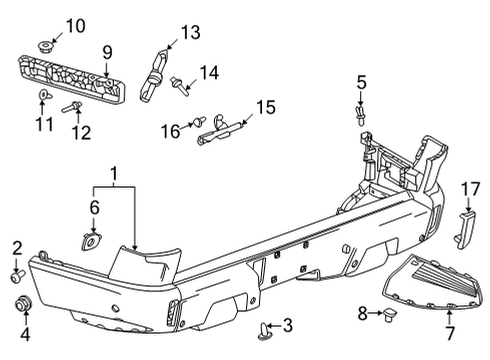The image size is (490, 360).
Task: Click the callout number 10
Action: click(x=48, y=24)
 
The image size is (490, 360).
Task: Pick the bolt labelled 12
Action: click(x=73, y=107)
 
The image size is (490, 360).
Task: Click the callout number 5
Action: click(x=361, y=82)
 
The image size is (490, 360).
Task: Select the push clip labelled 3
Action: click(x=267, y=326)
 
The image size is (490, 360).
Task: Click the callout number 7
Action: click(x=448, y=331)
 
